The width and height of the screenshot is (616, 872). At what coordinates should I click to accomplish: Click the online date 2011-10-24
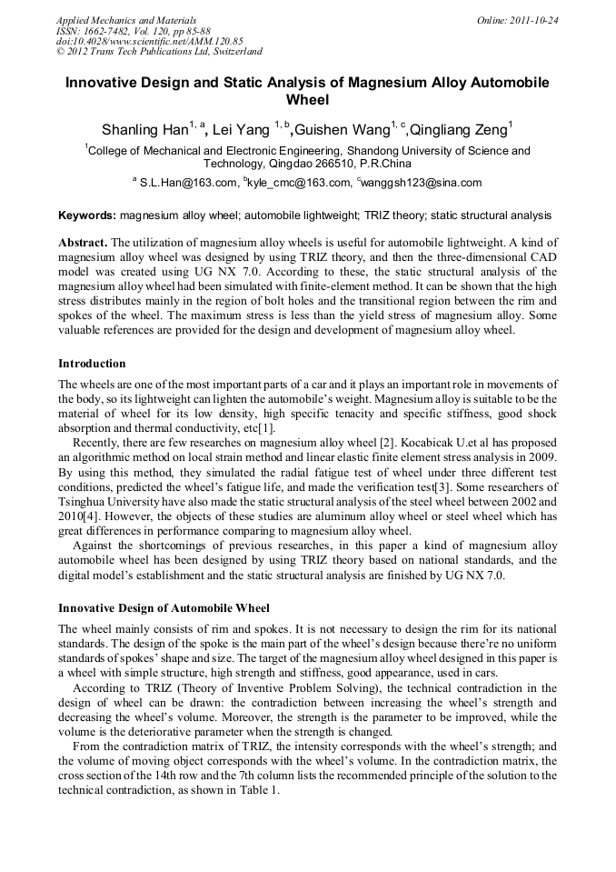(x=531, y=20)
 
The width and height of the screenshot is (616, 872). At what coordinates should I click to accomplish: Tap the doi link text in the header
(x=150, y=41)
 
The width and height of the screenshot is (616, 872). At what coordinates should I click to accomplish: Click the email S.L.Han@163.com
(x=186, y=183)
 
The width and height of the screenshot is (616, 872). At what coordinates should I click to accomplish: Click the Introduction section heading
(x=92, y=364)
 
